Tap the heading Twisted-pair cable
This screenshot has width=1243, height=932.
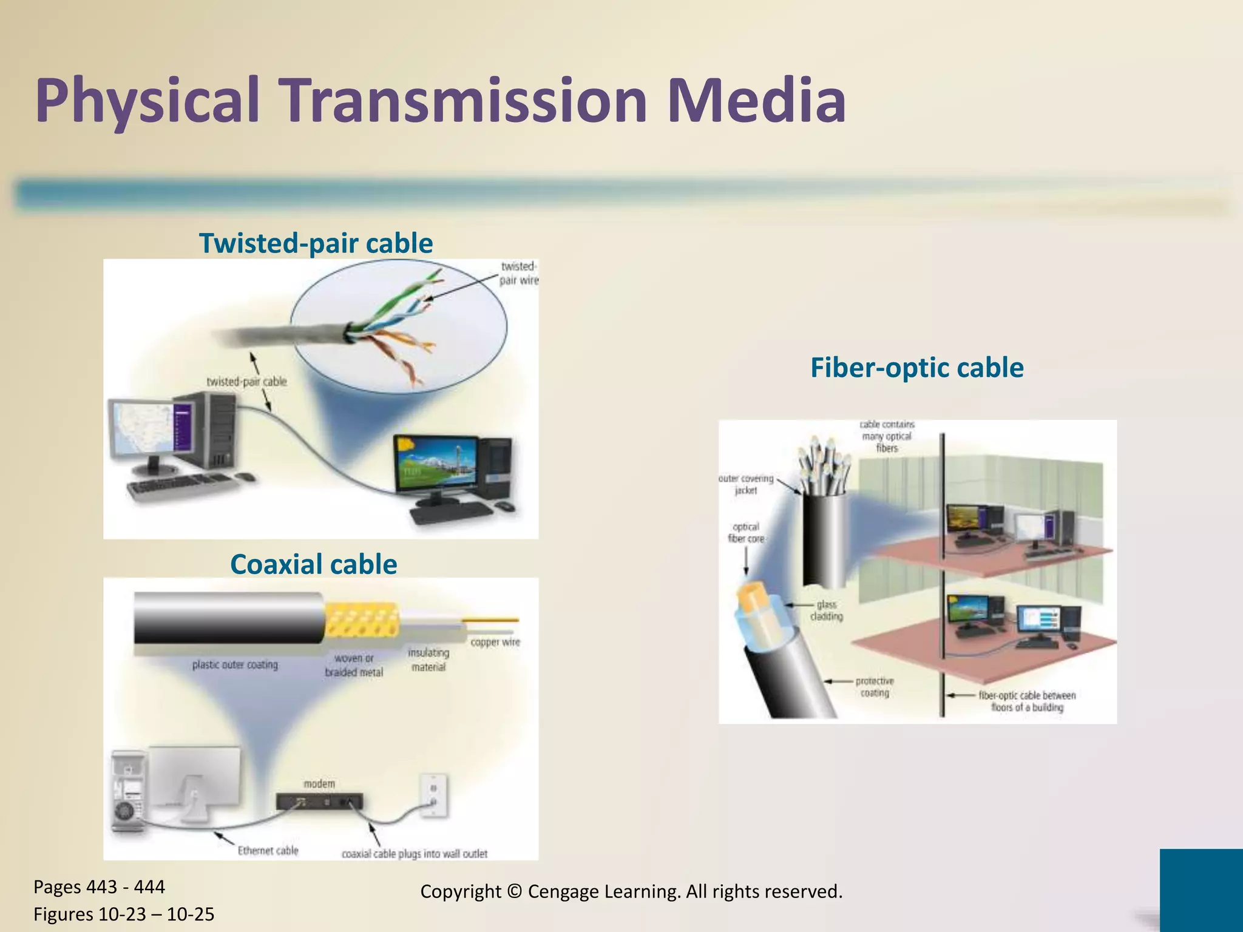pyautogui.click(x=316, y=243)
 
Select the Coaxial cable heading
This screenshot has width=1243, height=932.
pyautogui.click(x=313, y=564)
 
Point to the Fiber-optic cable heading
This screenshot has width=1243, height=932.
pyautogui.click(x=916, y=368)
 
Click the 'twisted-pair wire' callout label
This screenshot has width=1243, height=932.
pyautogui.click(x=518, y=274)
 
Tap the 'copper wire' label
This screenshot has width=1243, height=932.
pyautogui.click(x=495, y=642)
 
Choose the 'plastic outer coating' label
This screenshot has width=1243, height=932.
pyautogui.click(x=235, y=665)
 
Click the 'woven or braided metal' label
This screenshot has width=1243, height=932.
pyautogui.click(x=354, y=665)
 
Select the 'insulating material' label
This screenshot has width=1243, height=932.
pyautogui.click(x=428, y=660)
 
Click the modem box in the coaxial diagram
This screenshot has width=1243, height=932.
pyautogui.click(x=320, y=802)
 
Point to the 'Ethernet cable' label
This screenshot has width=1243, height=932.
pyautogui.click(x=268, y=851)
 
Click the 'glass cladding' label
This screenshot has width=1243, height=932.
pyautogui.click(x=827, y=610)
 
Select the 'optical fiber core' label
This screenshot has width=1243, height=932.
pyautogui.click(x=746, y=533)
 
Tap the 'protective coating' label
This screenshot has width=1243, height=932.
pyautogui.click(x=875, y=687)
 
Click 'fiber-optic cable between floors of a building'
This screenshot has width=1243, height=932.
pyautogui.click(x=1027, y=701)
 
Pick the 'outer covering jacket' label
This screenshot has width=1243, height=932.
pyautogui.click(x=746, y=484)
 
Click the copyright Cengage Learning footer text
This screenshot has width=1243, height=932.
pyautogui.click(x=631, y=891)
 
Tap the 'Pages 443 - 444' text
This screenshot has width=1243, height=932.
pyautogui.click(x=99, y=887)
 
